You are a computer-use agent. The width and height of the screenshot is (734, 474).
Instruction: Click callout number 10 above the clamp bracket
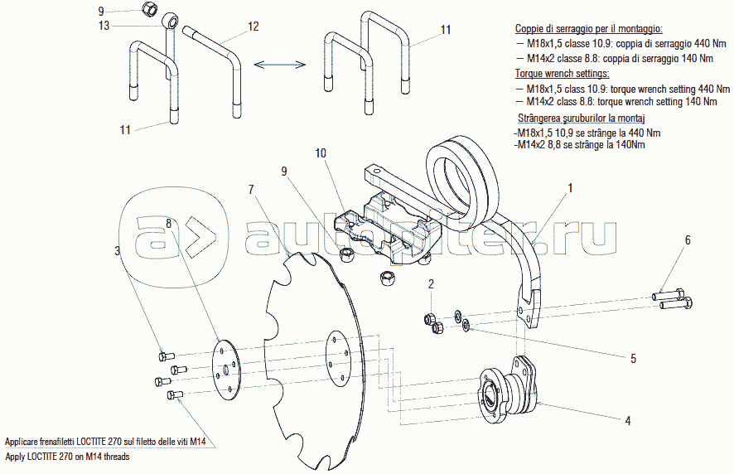tap(321, 153)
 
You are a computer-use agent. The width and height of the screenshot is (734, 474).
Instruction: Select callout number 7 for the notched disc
tap(251, 189)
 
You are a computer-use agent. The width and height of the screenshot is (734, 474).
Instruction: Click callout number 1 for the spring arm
tap(570, 188)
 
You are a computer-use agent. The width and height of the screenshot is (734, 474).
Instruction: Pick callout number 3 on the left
tap(118, 251)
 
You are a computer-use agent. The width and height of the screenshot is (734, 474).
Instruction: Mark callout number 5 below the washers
tap(634, 359)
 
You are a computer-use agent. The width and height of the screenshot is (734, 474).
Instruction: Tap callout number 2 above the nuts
tap(431, 284)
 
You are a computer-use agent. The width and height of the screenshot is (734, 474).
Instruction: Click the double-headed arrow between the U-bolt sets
tap(279, 64)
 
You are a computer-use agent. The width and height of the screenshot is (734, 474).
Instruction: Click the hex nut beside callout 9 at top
tap(150, 7)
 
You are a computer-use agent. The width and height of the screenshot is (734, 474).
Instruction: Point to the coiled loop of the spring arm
tap(461, 181)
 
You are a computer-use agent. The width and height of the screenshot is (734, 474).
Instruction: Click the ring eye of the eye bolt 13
tap(170, 22)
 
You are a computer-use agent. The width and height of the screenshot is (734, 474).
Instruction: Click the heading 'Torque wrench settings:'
tap(563, 74)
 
